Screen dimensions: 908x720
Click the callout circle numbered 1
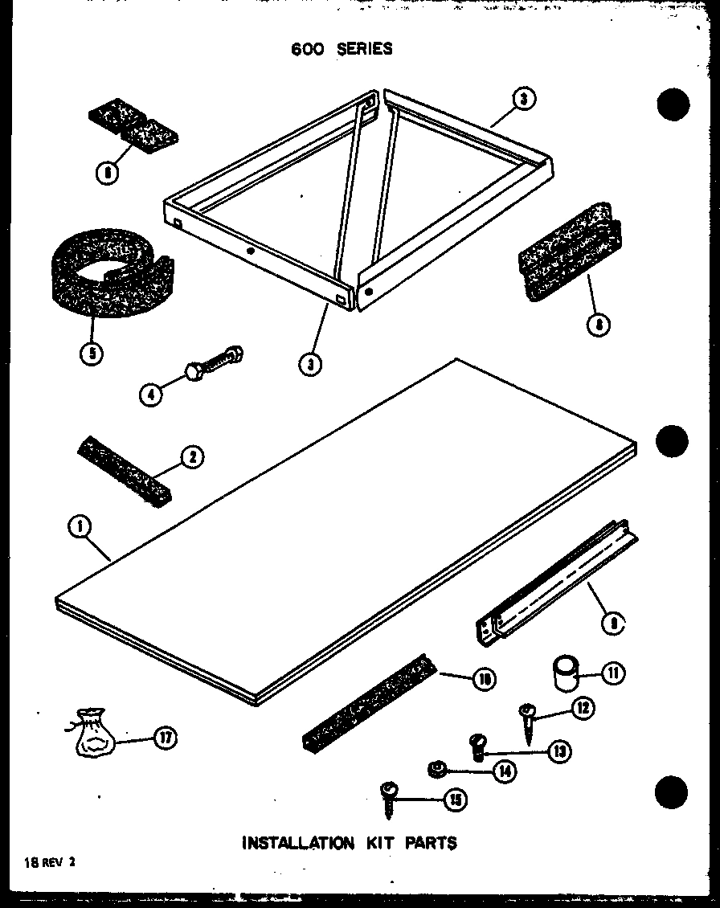click(x=80, y=528)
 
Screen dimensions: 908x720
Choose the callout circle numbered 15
click(x=454, y=800)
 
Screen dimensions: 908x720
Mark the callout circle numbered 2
click(x=191, y=458)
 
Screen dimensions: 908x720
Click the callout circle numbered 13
click(x=558, y=751)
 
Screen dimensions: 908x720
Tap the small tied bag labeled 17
click(x=95, y=734)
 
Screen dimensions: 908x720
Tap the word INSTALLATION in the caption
click(x=297, y=843)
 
